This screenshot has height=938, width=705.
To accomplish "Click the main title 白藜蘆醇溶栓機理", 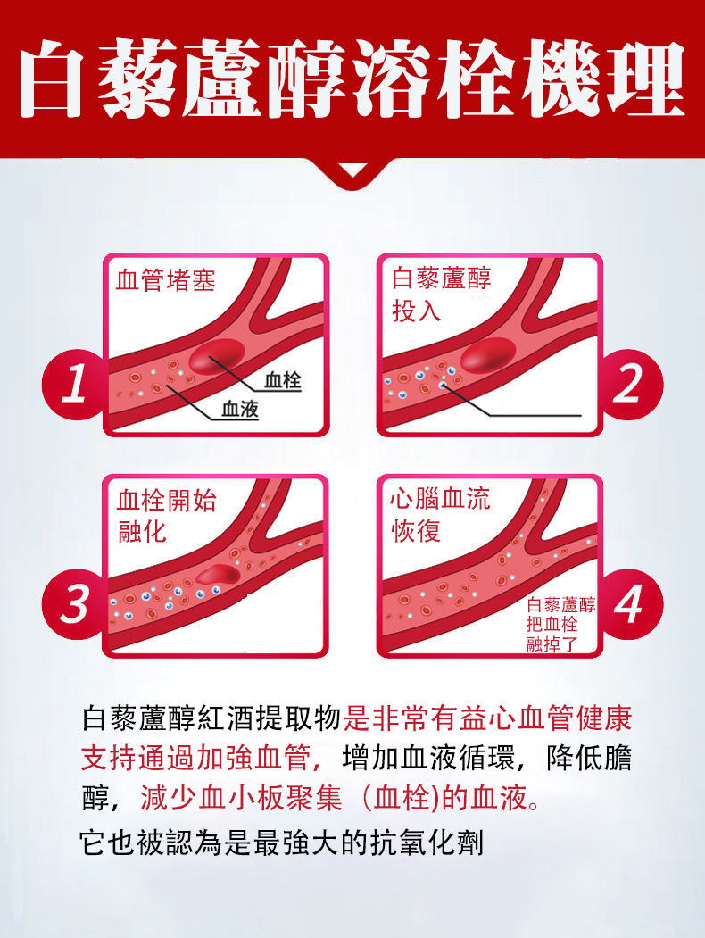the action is (352, 79).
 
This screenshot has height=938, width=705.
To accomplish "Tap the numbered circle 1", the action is (73, 384).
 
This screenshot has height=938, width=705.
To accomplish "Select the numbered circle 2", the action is (629, 384).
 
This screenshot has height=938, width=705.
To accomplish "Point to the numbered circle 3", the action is (73, 603).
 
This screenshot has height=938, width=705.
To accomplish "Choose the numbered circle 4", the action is (629, 603).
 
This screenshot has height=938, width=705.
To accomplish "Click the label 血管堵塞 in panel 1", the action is (165, 279).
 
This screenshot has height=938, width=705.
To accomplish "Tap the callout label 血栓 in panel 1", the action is (282, 380).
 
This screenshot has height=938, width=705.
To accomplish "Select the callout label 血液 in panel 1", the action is (240, 409).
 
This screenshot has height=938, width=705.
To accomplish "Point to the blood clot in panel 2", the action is (488, 355).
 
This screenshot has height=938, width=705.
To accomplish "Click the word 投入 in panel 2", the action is (416, 311).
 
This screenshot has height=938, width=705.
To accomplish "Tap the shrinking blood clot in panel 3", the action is (219, 575).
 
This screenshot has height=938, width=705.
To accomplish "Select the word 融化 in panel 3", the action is (142, 531).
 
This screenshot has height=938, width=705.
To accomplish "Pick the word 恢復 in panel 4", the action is (416, 530).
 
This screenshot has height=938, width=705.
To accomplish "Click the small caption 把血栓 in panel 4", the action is (552, 625).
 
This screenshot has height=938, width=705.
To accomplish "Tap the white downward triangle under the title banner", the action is (352, 170).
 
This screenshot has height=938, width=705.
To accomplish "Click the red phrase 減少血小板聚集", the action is (241, 798).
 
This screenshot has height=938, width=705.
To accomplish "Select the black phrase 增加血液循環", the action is (428, 759).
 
